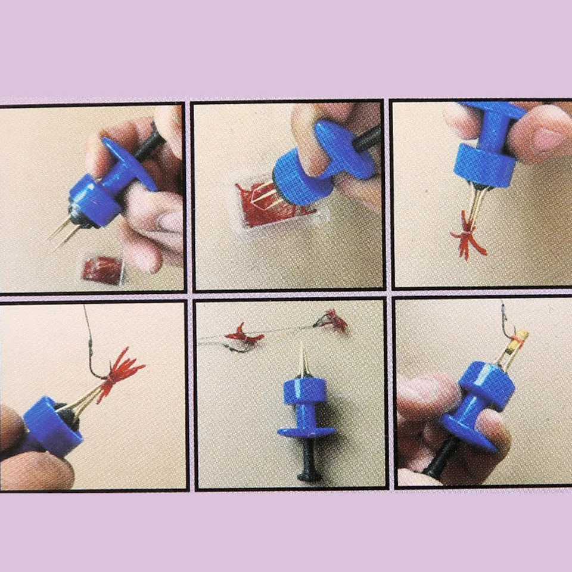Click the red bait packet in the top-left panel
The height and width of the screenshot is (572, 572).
(102, 270)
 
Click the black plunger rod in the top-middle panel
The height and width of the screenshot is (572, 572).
(366, 138)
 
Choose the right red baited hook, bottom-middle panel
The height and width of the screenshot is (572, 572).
(334, 322)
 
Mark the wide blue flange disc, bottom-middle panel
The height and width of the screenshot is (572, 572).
(307, 431)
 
